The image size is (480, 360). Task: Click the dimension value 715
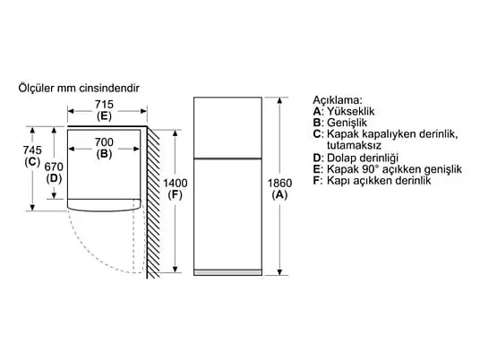(x=104, y=105)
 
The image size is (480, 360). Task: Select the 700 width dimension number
(x=104, y=142)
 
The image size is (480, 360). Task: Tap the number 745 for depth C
(x=32, y=150)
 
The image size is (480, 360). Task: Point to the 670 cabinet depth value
(x=54, y=167)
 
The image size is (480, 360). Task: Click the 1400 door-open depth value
(x=176, y=184)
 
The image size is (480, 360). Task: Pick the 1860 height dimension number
(x=279, y=184)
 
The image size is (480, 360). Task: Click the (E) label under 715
(x=104, y=116)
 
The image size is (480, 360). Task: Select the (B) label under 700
(x=104, y=154)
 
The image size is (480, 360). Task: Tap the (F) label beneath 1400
(x=176, y=195)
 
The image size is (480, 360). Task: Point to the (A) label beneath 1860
(x=279, y=195)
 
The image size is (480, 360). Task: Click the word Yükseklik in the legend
(x=350, y=111)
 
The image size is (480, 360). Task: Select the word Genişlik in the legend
(x=347, y=123)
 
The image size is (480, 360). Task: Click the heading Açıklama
(x=338, y=100)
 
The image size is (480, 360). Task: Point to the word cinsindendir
(x=109, y=88)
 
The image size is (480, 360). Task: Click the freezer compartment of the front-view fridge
(x=227, y=128)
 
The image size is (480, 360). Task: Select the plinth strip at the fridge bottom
(x=227, y=272)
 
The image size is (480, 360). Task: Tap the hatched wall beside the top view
(x=153, y=202)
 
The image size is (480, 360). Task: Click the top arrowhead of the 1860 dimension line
(x=279, y=100)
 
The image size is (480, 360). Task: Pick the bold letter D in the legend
(x=316, y=159)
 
